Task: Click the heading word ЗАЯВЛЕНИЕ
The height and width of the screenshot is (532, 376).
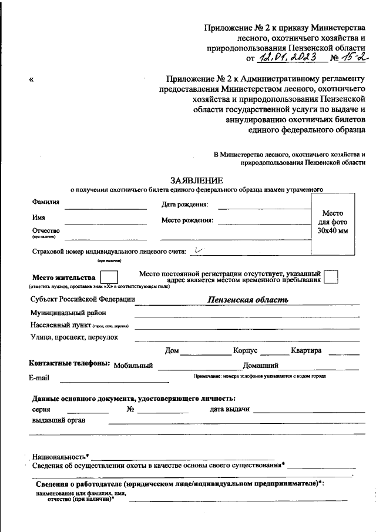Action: tap(197, 180)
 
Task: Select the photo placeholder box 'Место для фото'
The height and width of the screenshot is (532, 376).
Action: tap(333, 222)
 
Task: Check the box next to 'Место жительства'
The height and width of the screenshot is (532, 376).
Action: tap(109, 277)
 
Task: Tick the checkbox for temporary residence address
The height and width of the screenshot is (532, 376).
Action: tap(331, 277)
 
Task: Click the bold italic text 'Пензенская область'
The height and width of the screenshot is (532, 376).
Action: tap(247, 299)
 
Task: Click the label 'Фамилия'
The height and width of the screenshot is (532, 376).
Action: tap(45, 202)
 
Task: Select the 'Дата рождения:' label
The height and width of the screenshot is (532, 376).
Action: tap(184, 205)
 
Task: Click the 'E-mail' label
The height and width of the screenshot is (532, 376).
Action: tap(40, 378)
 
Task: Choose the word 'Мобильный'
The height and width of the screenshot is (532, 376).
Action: tap(133, 366)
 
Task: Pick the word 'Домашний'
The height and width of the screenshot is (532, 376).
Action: tap(260, 366)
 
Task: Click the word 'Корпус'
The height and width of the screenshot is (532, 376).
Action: tap(246, 351)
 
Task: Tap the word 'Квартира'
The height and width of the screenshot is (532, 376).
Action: tap(306, 351)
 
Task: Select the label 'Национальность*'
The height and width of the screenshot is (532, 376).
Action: tap(61, 456)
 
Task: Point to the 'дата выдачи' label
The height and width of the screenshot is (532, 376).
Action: tap(230, 409)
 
